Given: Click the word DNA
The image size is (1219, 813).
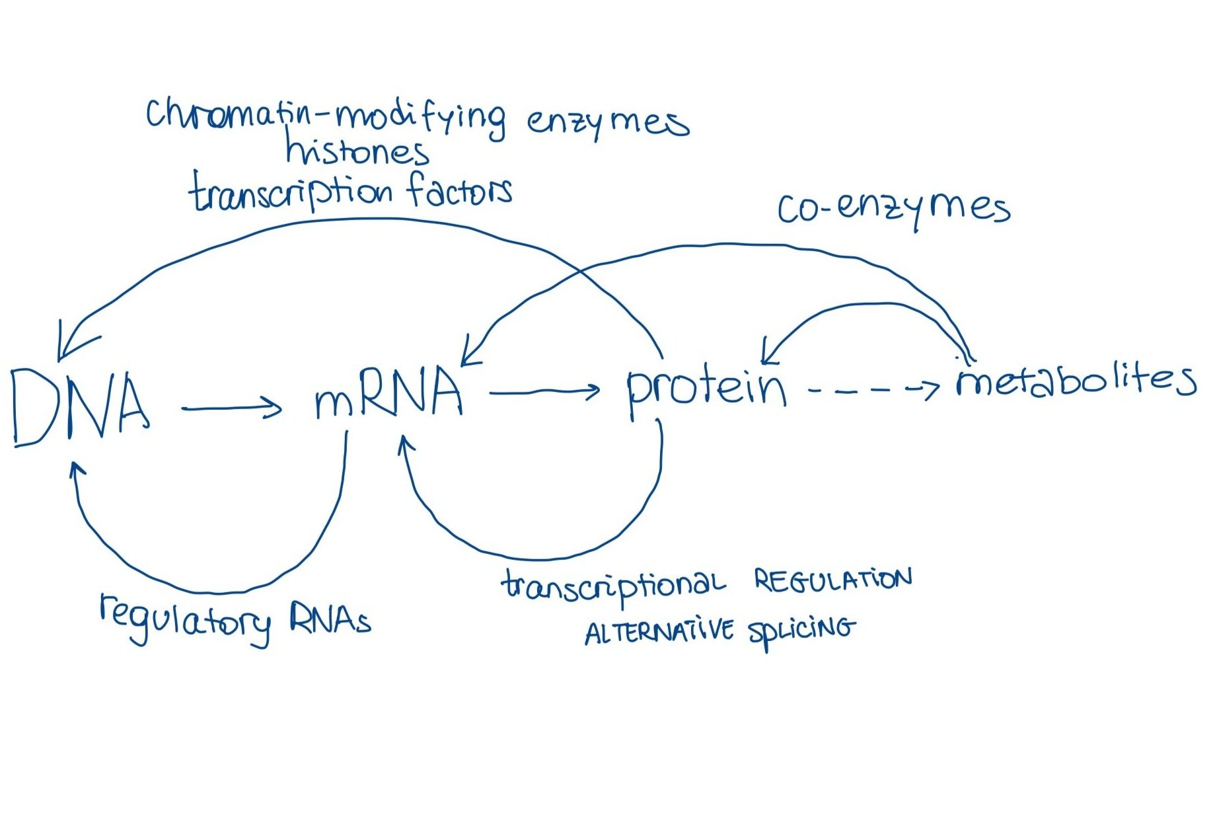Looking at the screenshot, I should (79, 406).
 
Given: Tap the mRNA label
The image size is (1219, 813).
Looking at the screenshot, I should (388, 395).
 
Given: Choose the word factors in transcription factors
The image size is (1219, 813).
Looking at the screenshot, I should (460, 190).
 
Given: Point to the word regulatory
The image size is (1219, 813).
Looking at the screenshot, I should (185, 619).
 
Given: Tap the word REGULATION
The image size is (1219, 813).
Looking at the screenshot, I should (832, 580).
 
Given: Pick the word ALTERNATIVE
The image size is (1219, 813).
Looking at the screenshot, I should (658, 632).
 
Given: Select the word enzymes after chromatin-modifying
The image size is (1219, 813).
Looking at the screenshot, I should (608, 122).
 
